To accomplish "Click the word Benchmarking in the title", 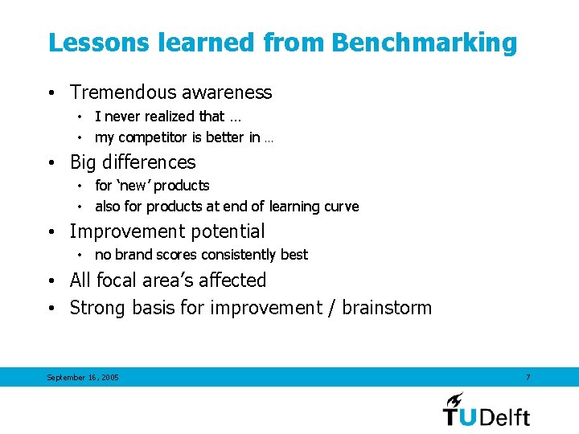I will coord(424,43).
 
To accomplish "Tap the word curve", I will coord(341,207).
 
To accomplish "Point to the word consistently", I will coord(236,255).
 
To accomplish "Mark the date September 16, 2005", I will coord(83,377).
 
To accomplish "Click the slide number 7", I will coord(528,376).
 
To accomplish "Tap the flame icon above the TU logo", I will coord(455,399).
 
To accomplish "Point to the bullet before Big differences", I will coord(51,162).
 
